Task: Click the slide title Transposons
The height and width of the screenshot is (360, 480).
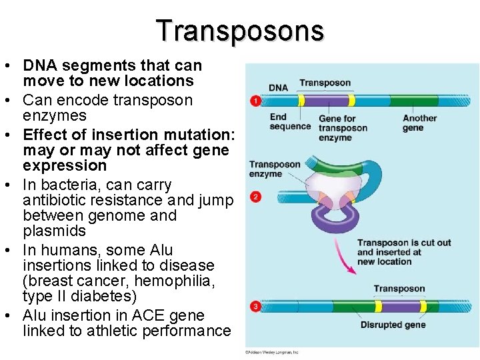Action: [x=240, y=31]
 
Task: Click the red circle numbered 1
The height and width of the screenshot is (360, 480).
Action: [x=255, y=101]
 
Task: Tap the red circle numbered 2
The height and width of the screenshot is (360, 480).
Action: [x=255, y=197]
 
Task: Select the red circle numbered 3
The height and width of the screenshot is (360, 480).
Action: [x=255, y=307]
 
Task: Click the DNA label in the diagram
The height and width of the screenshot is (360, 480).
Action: [x=278, y=87]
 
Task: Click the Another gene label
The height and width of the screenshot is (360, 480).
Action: [x=419, y=123]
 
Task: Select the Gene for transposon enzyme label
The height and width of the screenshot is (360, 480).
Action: [x=343, y=128]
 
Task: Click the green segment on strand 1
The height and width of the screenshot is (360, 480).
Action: [x=413, y=101]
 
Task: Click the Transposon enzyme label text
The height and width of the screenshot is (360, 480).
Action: [x=275, y=169]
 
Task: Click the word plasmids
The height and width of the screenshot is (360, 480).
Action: [x=54, y=231]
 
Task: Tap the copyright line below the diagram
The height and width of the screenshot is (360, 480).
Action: [x=271, y=351]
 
